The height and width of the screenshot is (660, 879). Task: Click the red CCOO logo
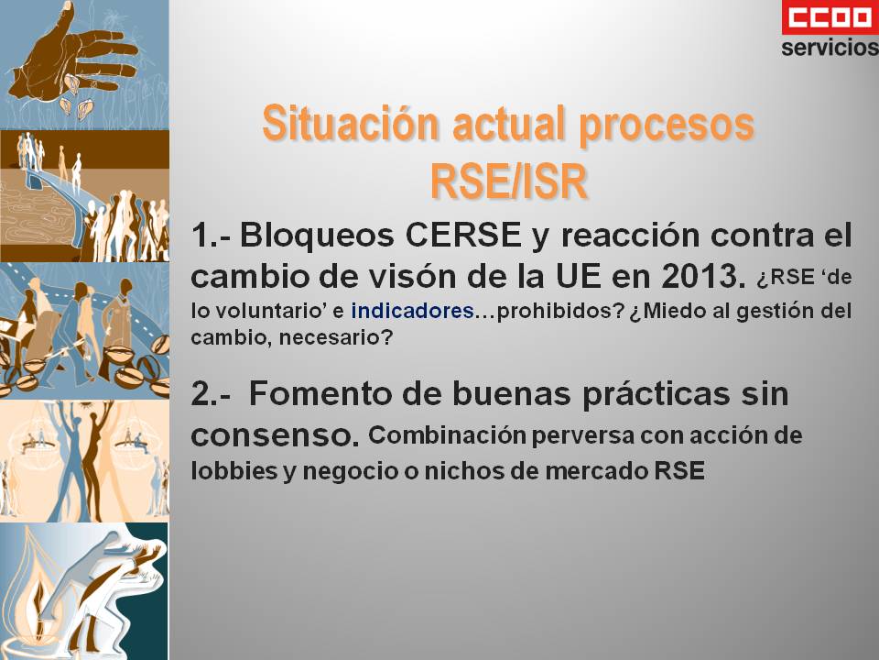click(x=830, y=17)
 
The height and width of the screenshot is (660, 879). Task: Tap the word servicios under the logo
click(x=830, y=47)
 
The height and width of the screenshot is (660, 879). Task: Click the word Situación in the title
click(x=351, y=123)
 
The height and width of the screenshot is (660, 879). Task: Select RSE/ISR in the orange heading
click(x=508, y=181)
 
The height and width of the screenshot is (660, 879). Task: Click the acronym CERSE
click(x=463, y=235)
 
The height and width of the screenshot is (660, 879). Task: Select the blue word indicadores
click(x=413, y=311)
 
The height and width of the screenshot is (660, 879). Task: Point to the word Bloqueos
click(x=317, y=236)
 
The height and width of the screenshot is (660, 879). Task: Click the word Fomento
click(x=321, y=393)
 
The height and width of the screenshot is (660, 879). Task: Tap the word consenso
click(x=275, y=435)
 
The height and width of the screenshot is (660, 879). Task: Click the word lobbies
click(x=234, y=470)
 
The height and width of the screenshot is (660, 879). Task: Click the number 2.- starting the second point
click(x=211, y=393)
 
